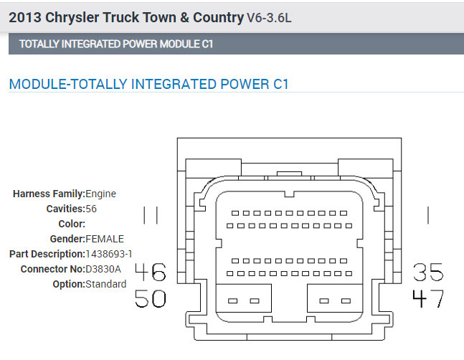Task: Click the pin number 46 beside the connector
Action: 151,272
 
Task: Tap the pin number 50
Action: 151,298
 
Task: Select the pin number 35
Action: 428,272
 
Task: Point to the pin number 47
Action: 428,298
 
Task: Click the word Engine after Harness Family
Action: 100,194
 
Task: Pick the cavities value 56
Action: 91,209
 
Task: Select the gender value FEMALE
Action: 105,239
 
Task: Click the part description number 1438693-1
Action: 109,254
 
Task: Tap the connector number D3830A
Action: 104,269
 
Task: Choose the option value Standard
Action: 105,284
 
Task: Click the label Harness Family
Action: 49,194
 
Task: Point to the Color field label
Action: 72,224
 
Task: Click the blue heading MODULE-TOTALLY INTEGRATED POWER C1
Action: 148,84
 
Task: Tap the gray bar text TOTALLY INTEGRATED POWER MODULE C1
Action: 116,44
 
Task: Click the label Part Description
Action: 47,254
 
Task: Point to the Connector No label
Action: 48,269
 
